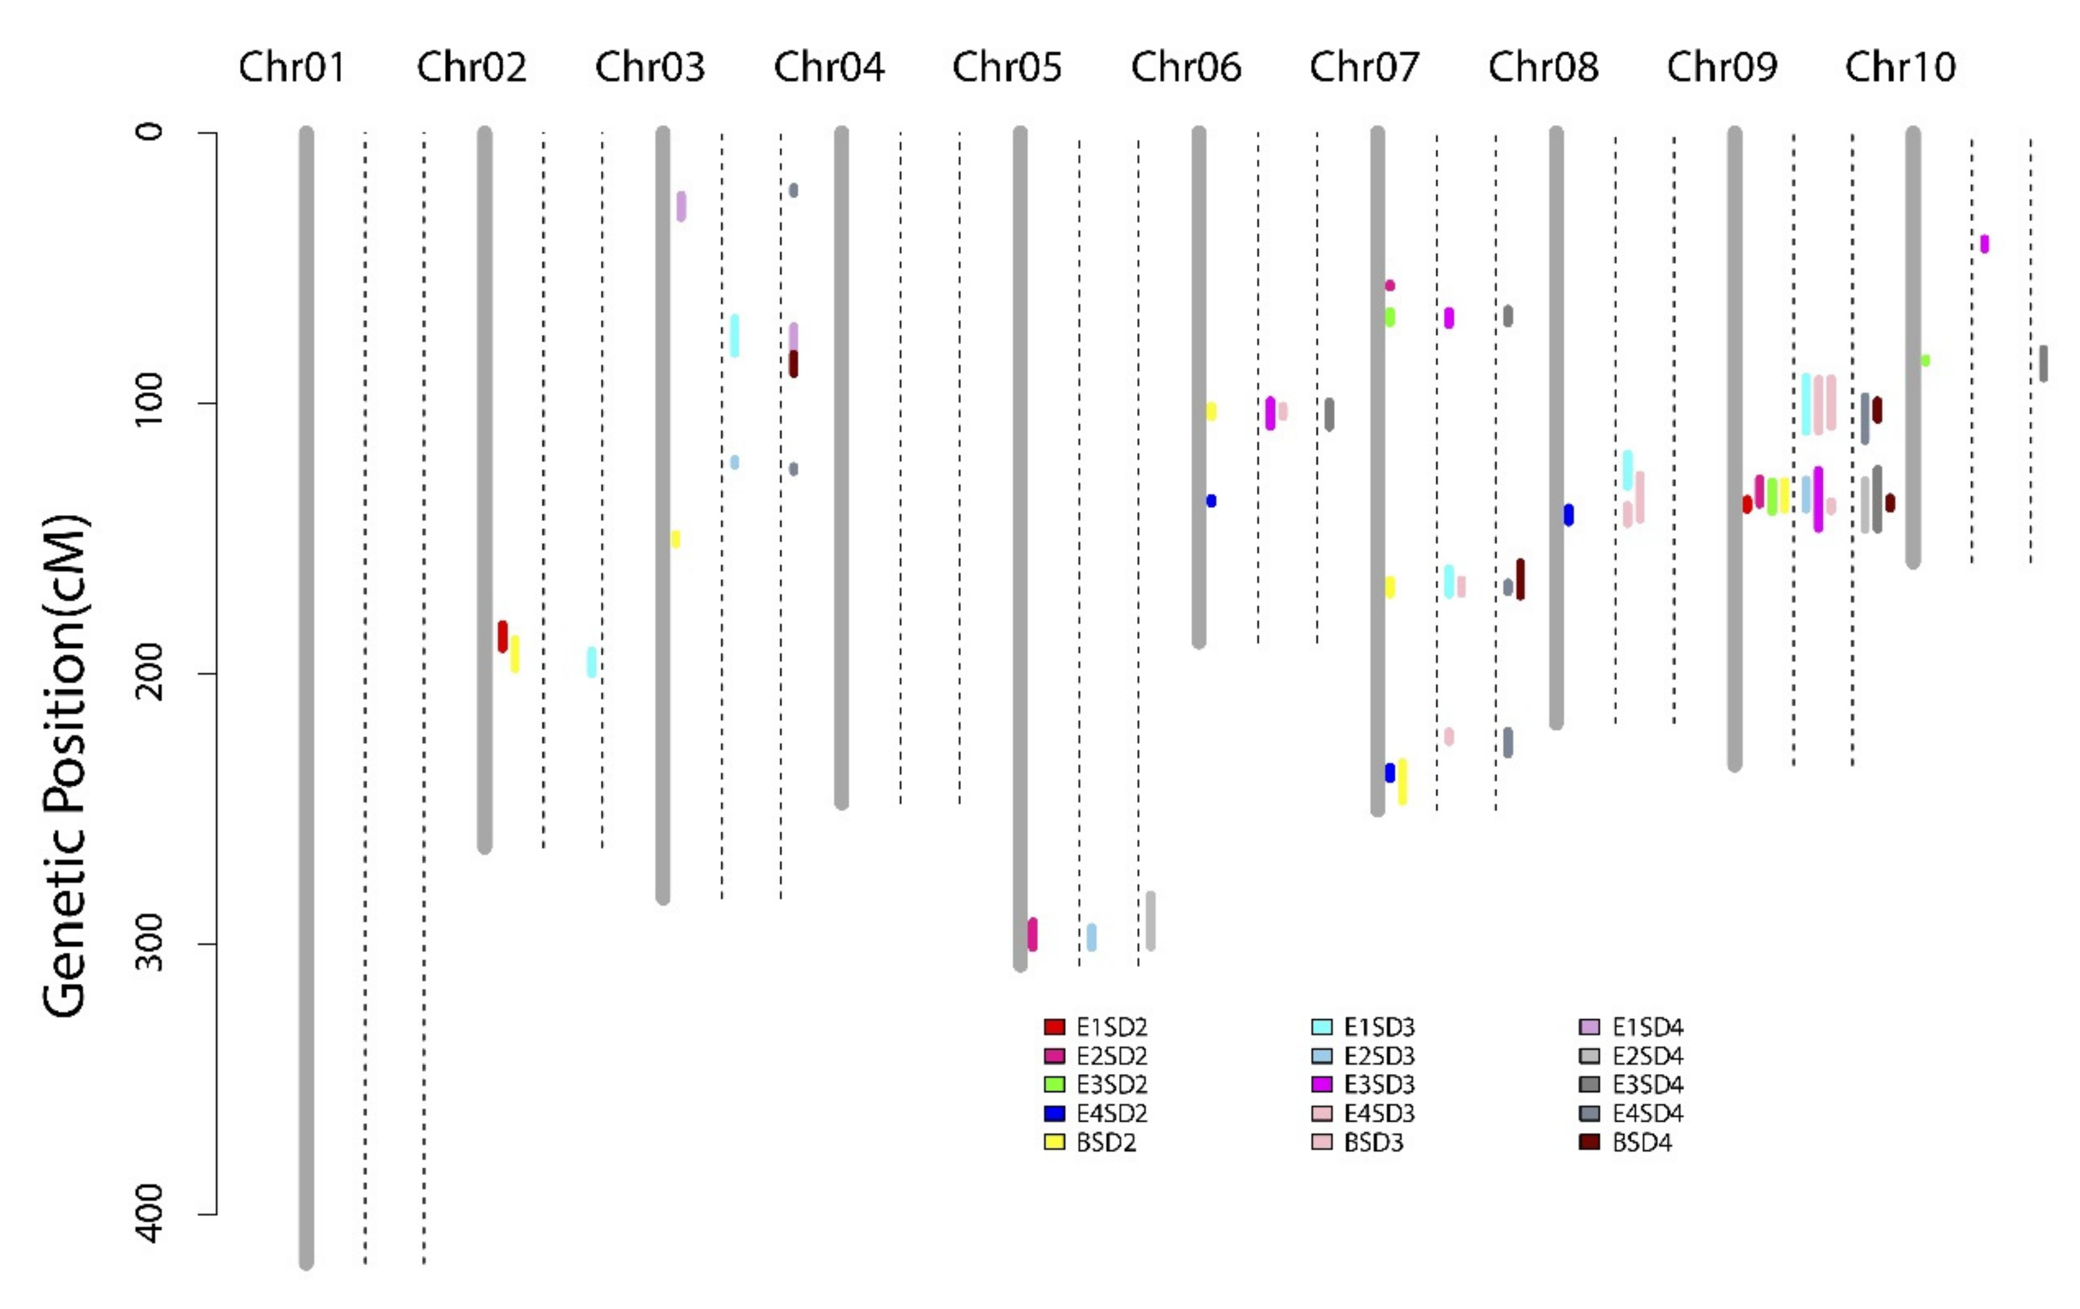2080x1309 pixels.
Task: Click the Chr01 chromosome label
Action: pyautogui.click(x=292, y=67)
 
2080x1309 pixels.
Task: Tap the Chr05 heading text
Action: pyautogui.click(x=1007, y=67)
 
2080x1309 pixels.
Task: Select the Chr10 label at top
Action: pyautogui.click(x=1900, y=67)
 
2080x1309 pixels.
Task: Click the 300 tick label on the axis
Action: pyautogui.click(x=150, y=944)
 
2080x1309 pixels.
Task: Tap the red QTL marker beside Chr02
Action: pyautogui.click(x=503, y=636)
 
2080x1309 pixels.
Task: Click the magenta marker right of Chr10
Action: pyautogui.click(x=1984, y=243)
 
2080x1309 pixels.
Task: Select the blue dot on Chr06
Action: pyautogui.click(x=1211, y=501)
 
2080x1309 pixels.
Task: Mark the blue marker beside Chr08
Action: pyautogui.click(x=1569, y=514)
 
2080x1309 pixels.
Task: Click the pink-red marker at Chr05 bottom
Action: pyautogui.click(x=1032, y=934)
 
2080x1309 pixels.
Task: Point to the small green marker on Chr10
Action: pyautogui.click(x=1925, y=360)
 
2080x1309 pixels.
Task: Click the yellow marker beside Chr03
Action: pyautogui.click(x=675, y=539)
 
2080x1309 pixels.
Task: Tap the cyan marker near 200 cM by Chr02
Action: pyautogui.click(x=592, y=661)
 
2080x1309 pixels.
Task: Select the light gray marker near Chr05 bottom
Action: pyautogui.click(x=1150, y=920)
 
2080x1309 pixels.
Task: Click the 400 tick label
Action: pyautogui.click(x=150, y=1213)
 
